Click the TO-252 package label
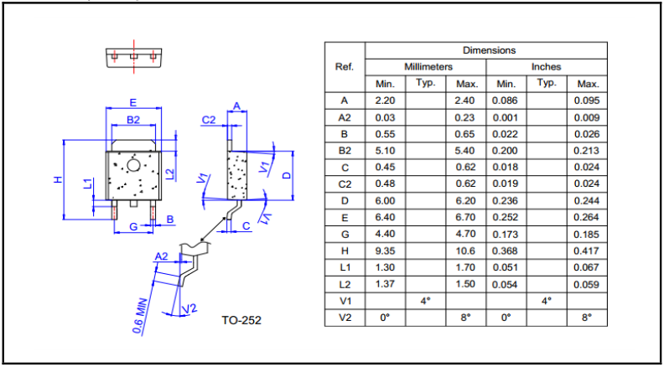(241, 320)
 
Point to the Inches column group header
(546, 66)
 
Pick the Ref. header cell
(344, 66)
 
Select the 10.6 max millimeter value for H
(466, 251)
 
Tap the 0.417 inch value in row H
(587, 251)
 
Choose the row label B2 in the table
(344, 151)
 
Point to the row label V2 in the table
(344, 318)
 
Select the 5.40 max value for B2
(466, 151)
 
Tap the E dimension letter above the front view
(132, 102)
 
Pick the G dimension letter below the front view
(132, 228)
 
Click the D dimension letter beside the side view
(286, 175)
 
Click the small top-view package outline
(133, 56)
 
